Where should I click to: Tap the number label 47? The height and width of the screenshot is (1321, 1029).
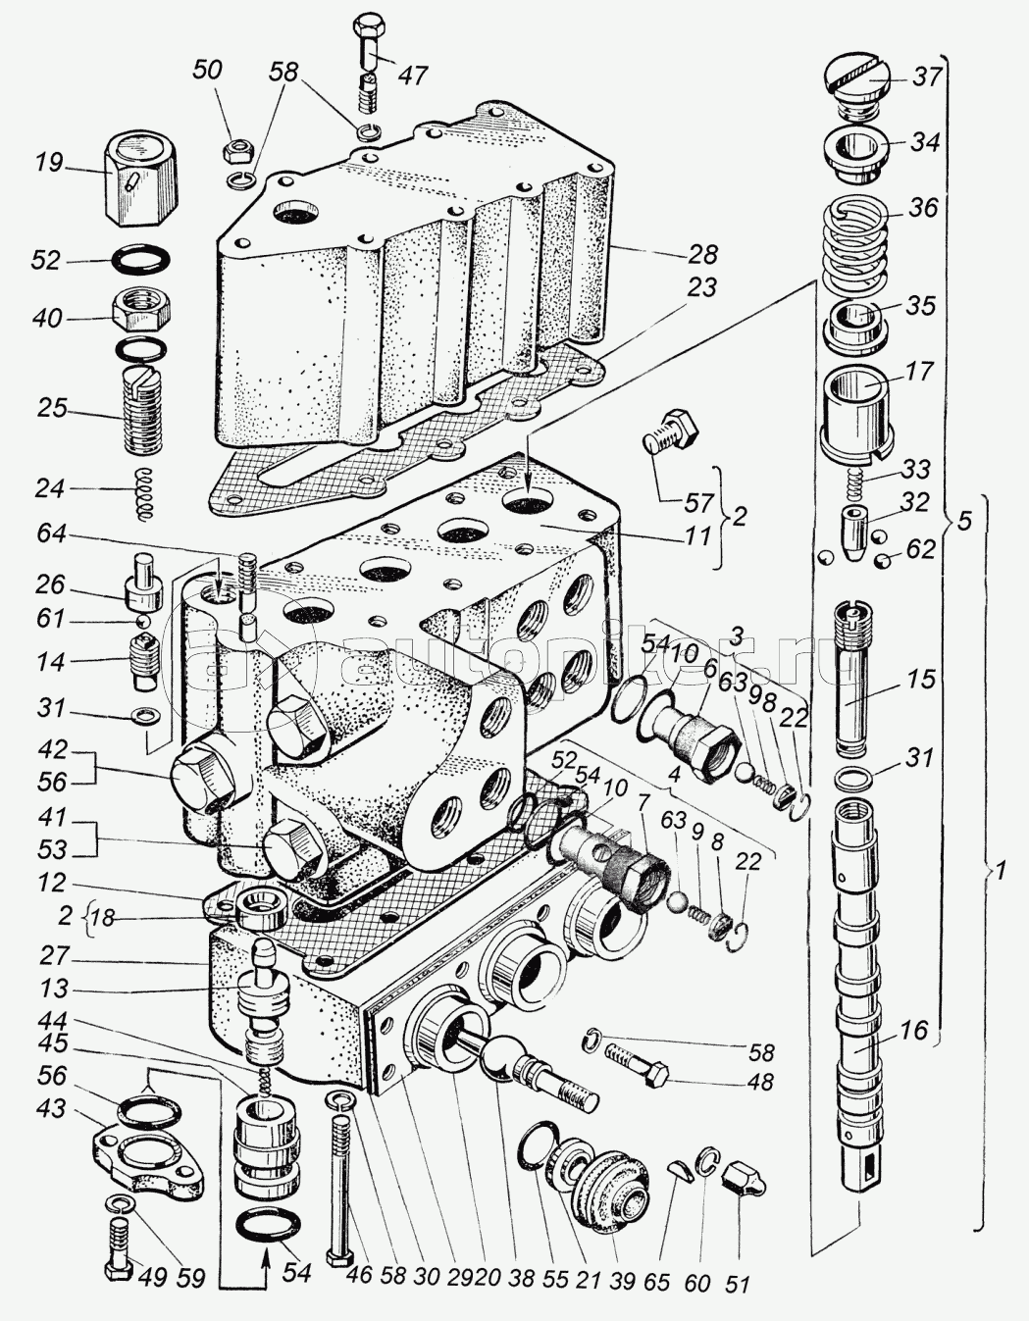413,76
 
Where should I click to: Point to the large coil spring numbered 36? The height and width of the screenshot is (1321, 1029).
856,243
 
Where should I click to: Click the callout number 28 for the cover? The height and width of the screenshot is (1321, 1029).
702,253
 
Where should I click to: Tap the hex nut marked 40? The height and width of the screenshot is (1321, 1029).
141,312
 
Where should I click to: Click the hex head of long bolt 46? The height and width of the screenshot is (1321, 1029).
337,1254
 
